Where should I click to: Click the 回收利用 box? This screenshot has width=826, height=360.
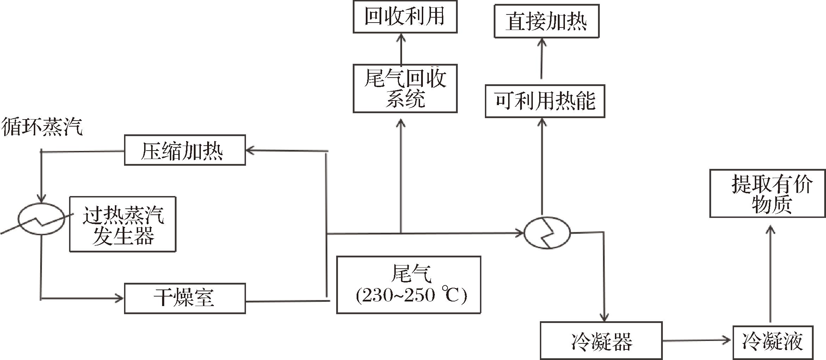click(405, 17)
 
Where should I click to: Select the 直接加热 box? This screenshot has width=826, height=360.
click(546, 21)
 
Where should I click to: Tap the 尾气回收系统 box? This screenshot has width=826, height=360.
click(405, 89)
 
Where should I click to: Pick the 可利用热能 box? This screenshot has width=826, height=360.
click(545, 101)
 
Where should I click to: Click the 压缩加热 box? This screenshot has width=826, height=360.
click(185, 150)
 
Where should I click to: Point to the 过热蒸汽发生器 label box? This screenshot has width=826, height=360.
click(123, 224)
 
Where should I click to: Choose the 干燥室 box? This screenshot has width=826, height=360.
click(185, 298)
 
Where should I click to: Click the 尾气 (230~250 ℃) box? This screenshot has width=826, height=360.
click(408, 285)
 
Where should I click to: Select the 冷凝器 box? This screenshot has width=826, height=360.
click(601, 340)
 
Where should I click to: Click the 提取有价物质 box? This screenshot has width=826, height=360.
click(767, 194)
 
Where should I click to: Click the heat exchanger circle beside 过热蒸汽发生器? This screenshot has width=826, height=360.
click(42, 219)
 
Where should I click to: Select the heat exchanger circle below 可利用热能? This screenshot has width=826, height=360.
click(547, 233)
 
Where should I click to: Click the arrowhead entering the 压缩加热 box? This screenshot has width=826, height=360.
click(249, 151)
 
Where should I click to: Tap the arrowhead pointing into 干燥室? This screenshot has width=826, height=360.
click(120, 298)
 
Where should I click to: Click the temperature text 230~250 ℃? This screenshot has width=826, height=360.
click(411, 295)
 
